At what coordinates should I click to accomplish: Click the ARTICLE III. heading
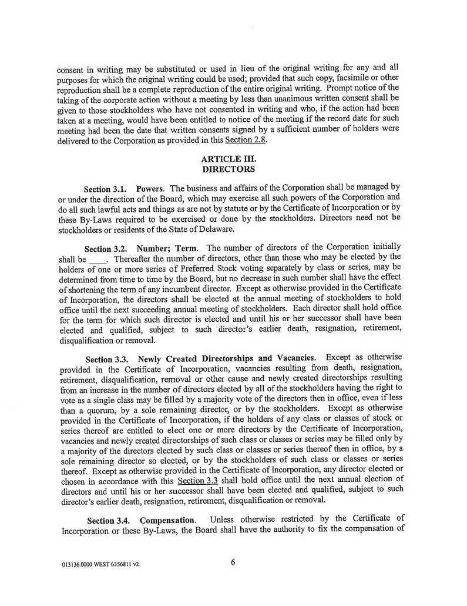[x=228, y=159]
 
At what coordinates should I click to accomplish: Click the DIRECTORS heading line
[x=228, y=169]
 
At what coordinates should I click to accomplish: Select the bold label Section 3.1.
[x=106, y=189]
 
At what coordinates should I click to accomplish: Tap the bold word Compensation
[x=167, y=521]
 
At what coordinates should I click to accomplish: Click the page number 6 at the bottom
[x=233, y=562]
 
